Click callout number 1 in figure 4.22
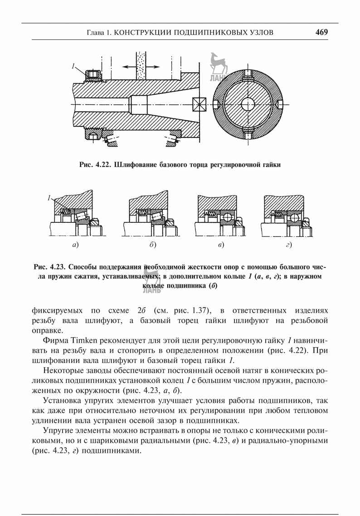pyautogui.click(x=73, y=67)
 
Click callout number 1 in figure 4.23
pyautogui.click(x=49, y=198)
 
